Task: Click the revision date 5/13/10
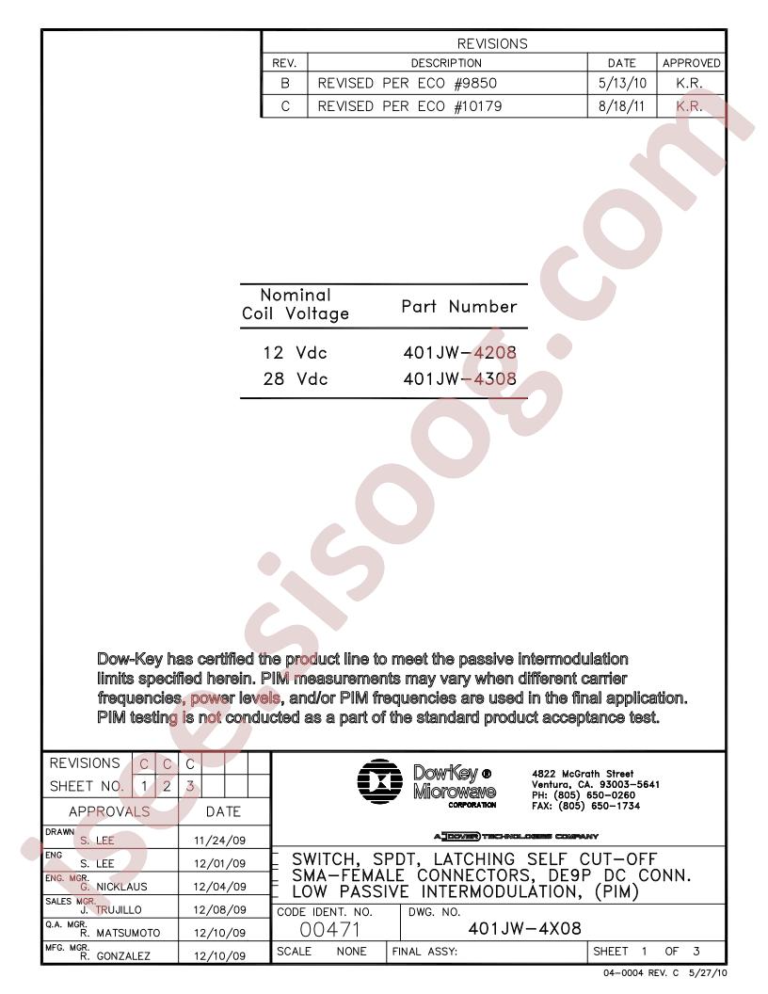click(622, 84)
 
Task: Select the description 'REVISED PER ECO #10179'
click(409, 106)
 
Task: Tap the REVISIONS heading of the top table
click(492, 43)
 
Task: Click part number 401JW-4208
click(459, 355)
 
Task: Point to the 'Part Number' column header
click(459, 306)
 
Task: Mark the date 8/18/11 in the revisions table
click(622, 106)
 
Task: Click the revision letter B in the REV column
click(284, 84)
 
